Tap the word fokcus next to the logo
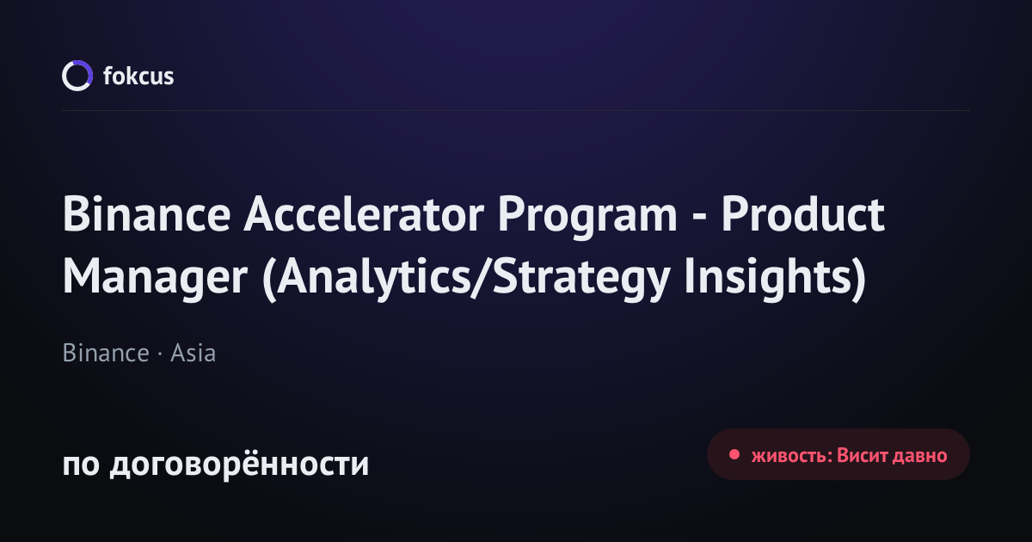138,76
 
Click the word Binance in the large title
146,214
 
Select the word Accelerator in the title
364,214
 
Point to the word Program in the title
587,218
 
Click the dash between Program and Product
699,218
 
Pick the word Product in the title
802,214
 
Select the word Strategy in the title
581,280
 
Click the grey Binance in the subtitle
106,353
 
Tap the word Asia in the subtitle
193,353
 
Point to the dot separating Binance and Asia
160,354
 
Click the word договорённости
239,463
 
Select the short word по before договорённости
81,464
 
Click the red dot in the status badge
734,455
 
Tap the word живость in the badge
790,456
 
